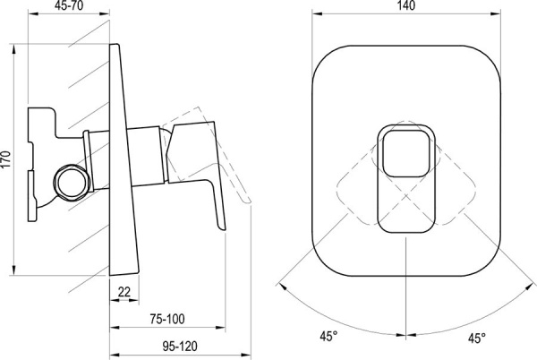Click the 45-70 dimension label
pos(69,6)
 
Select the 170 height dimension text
pos(6,159)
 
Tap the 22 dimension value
pos(124,292)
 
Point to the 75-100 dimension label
pos(167,319)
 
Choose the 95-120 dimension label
pos(180,347)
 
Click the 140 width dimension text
pos(406,6)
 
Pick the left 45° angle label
pos(328,336)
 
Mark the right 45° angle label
pos(477,339)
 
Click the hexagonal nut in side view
pos(72,182)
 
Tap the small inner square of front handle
pos(406,153)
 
